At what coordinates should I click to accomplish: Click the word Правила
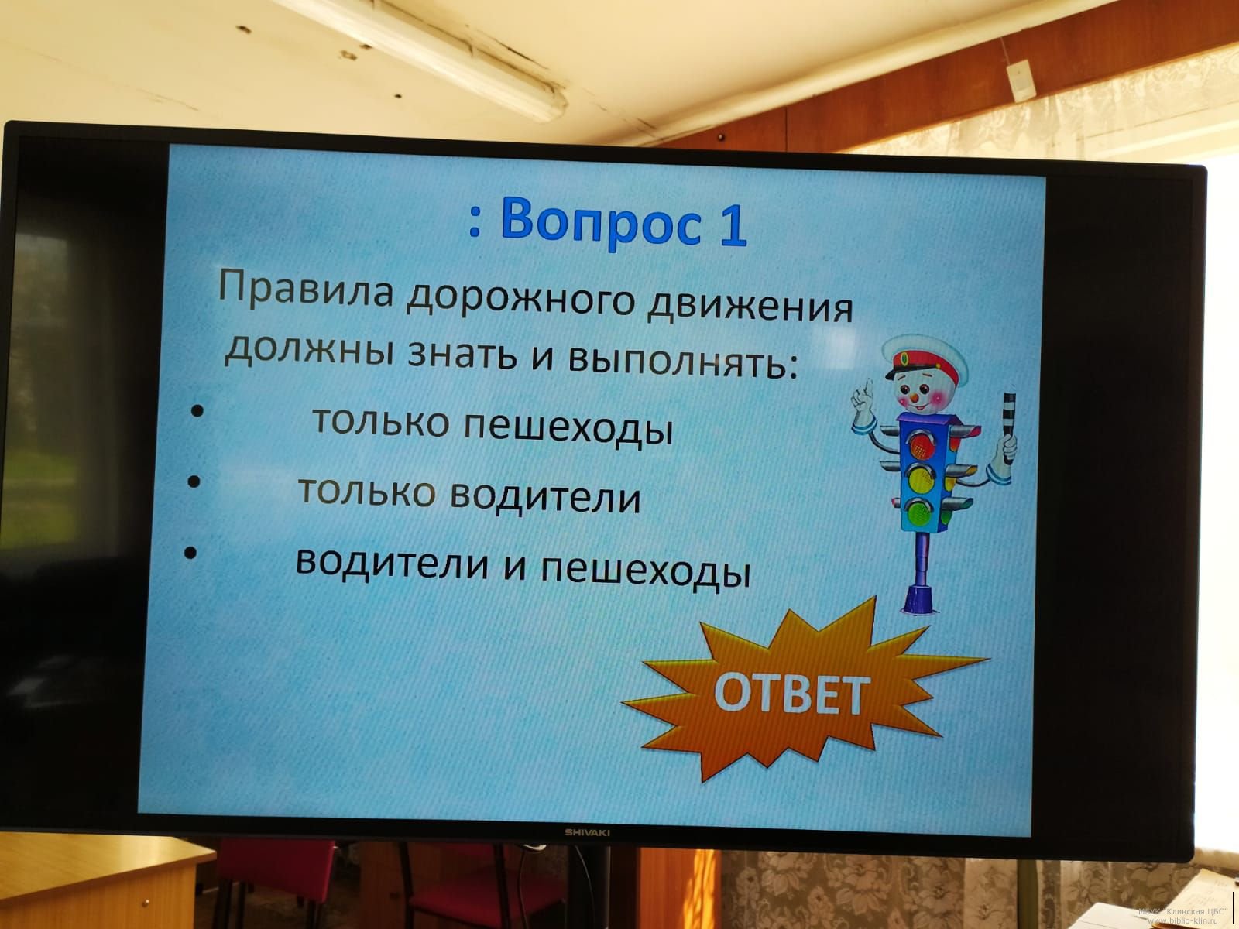[305, 288]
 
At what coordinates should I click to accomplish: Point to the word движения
[750, 307]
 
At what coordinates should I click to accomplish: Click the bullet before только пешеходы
[197, 410]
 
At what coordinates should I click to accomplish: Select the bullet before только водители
[194, 482]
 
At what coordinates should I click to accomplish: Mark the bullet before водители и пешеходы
[190, 553]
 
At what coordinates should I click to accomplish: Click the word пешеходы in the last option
[645, 571]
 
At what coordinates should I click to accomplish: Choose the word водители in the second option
[545, 497]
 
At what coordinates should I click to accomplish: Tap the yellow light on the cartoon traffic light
[920, 480]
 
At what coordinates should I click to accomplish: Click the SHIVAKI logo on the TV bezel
[587, 832]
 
